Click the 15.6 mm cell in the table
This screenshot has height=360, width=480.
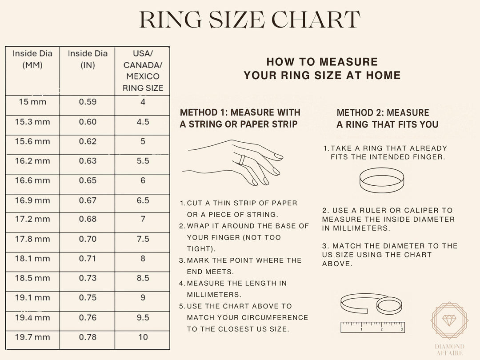[x=32, y=141]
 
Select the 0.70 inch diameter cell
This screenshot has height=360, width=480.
[x=88, y=239]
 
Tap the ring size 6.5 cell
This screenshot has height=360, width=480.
[x=143, y=200]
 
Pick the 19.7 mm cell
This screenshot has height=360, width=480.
[x=32, y=337]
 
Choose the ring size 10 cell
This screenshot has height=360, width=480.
[x=143, y=337]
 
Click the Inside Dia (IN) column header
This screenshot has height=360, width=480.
[x=88, y=59]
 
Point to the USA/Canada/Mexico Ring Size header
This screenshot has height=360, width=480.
[x=143, y=71]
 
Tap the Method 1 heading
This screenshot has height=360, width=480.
[x=240, y=118]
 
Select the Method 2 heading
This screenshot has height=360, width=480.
[x=387, y=118]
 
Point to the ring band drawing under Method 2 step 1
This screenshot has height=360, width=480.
[x=381, y=180]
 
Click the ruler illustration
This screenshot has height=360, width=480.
[x=372, y=327]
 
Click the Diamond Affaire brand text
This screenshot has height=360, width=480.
[x=450, y=350]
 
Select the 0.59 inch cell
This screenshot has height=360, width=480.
[x=88, y=102]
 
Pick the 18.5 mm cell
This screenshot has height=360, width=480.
[x=32, y=278]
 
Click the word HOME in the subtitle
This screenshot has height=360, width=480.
[x=382, y=75]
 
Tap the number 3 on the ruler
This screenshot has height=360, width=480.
[x=402, y=329]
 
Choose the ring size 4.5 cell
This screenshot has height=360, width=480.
[x=143, y=122]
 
